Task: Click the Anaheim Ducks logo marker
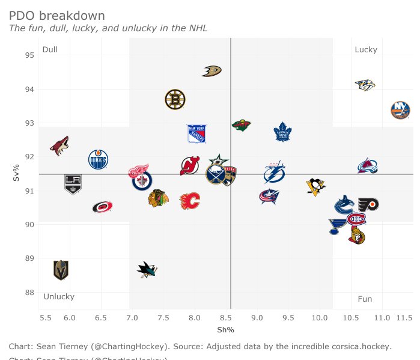coord(212,72)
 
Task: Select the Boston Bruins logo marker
coord(175,99)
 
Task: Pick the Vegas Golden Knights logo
coord(61,270)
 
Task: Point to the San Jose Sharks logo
coord(146,270)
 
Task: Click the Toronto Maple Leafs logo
coord(282,132)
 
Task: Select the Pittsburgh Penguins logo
coord(315,187)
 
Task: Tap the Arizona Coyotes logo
coord(59,146)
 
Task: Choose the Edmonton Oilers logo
coord(98,160)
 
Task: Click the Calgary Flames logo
coord(190,201)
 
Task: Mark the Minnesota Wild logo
coord(241,125)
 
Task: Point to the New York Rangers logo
coord(196,133)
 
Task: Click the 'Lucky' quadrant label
coord(366,50)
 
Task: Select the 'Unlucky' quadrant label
coord(59,297)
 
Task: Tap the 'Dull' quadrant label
coord(50,49)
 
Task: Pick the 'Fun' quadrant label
coord(365,299)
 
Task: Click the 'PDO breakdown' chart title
coord(57,16)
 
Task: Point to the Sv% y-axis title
coord(16,174)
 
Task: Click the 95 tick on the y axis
coord(29,55)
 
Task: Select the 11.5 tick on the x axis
coord(404,317)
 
